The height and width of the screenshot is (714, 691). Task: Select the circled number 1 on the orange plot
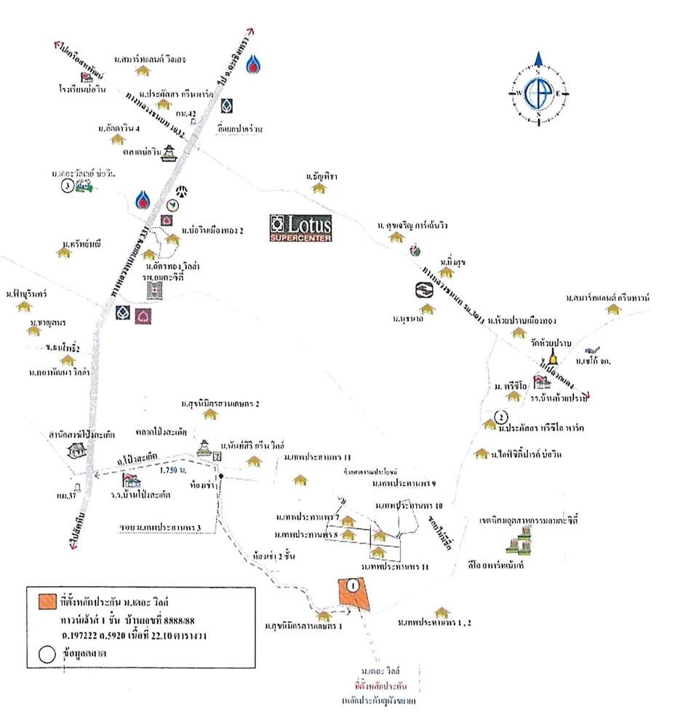point(353,585)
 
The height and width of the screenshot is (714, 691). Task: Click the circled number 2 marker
point(500,417)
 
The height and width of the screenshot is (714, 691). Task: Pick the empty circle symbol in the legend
point(45,654)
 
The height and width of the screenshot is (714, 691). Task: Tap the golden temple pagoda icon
point(554,358)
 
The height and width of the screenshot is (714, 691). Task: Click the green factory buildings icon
point(523,542)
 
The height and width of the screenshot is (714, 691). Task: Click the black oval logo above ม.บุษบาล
point(423,290)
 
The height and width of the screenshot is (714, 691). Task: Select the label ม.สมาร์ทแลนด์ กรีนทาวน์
point(607,298)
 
